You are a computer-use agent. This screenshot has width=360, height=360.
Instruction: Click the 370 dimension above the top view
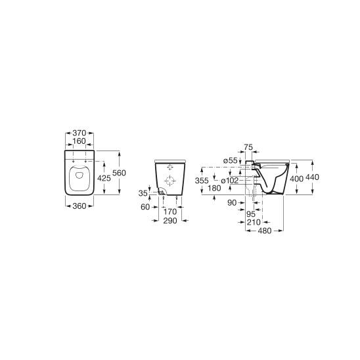click(79, 133)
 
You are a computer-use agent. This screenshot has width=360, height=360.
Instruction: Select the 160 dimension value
click(79, 141)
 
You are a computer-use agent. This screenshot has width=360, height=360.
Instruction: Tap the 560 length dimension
click(120, 173)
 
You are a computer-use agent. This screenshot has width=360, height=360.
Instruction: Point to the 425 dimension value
click(104, 178)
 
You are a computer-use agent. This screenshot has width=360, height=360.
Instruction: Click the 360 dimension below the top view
click(79, 206)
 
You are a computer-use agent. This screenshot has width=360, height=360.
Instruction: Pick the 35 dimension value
click(143, 193)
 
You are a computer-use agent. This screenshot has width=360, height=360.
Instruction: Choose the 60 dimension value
click(145, 207)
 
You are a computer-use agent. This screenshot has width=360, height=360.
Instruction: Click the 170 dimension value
click(170, 212)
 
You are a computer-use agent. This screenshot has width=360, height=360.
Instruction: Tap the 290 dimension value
click(170, 221)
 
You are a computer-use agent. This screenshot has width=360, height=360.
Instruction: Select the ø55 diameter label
click(231, 161)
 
